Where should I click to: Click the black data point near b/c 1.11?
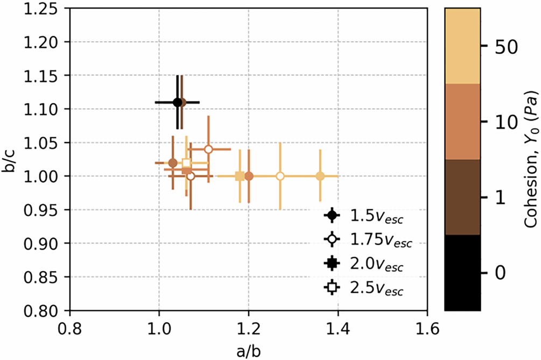pyautogui.click(x=177, y=102)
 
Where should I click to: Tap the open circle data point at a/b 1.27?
pyautogui.click(x=280, y=176)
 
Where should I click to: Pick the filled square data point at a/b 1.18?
pyautogui.click(x=240, y=176)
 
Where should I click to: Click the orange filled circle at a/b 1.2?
pyautogui.click(x=249, y=176)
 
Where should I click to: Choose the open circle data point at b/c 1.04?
pyautogui.click(x=208, y=149)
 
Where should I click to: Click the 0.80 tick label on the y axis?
pyautogui.click(x=48, y=311)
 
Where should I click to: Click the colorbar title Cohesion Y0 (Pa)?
pyautogui.click(x=531, y=160)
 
